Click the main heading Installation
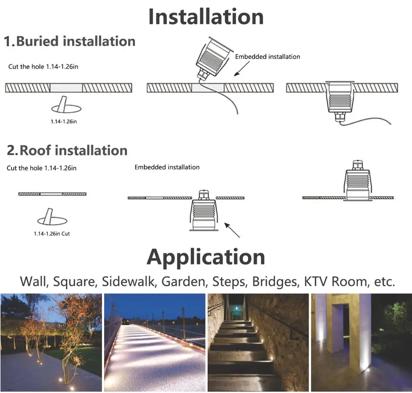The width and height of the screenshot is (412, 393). pos(206,17)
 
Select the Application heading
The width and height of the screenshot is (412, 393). pos(206,257)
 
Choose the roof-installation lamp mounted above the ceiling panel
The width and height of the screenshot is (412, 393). pos(357,181)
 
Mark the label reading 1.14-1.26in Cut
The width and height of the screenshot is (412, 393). pos(52,234)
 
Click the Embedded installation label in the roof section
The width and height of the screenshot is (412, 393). pos(167,167)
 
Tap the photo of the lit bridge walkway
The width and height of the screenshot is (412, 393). pos(154,342)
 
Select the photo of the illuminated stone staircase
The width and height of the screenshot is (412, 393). pos(258,342)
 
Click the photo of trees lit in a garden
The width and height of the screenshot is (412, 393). pos(51,342)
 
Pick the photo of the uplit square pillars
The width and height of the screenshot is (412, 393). pos(361,342)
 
